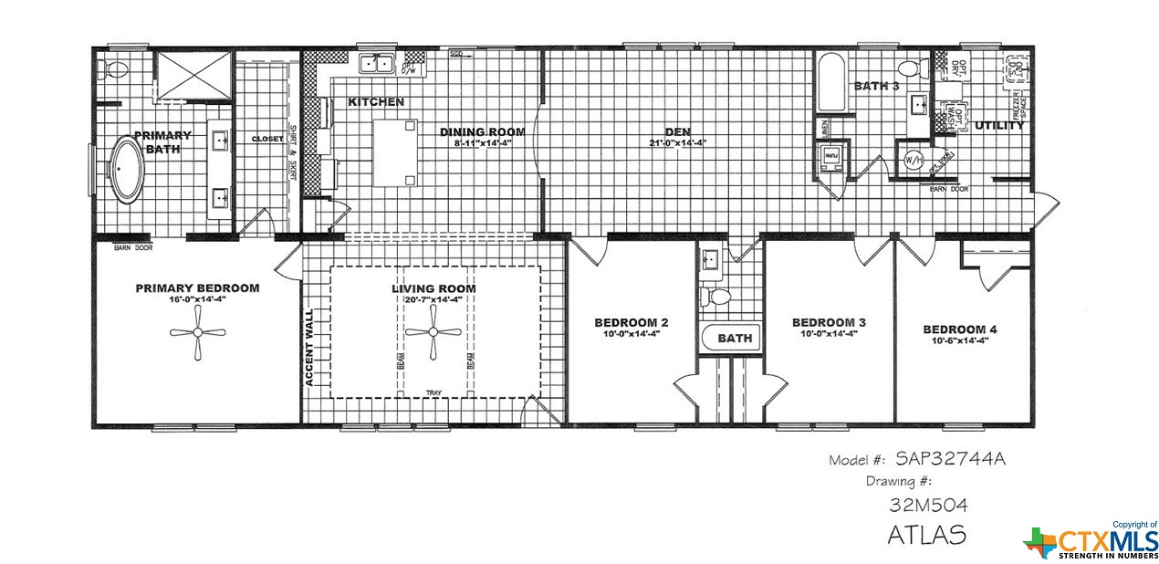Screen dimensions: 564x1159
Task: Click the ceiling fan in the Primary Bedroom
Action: click(x=197, y=333)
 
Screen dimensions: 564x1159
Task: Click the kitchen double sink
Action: click(x=376, y=64)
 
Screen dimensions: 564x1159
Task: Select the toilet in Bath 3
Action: click(x=909, y=68)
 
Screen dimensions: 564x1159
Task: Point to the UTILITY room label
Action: click(x=998, y=126)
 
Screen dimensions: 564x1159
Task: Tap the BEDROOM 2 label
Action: click(x=632, y=322)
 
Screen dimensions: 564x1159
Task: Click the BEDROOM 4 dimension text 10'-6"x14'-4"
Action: click(x=960, y=341)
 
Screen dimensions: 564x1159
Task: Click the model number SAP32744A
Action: click(x=949, y=459)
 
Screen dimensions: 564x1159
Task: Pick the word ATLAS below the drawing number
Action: click(x=926, y=534)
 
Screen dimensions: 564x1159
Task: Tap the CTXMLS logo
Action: click(x=1090, y=542)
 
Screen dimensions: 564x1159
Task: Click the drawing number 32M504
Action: click(x=928, y=505)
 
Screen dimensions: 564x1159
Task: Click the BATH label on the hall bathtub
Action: click(x=735, y=339)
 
